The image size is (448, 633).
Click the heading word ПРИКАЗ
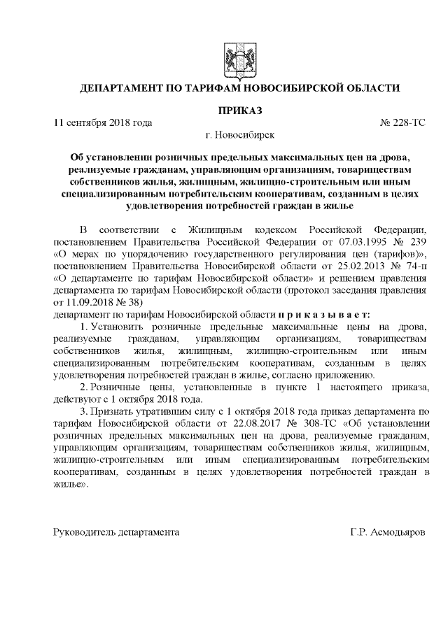[240, 111]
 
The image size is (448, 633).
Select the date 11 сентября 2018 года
[104, 122]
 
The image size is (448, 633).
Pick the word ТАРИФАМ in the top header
[226, 89]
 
